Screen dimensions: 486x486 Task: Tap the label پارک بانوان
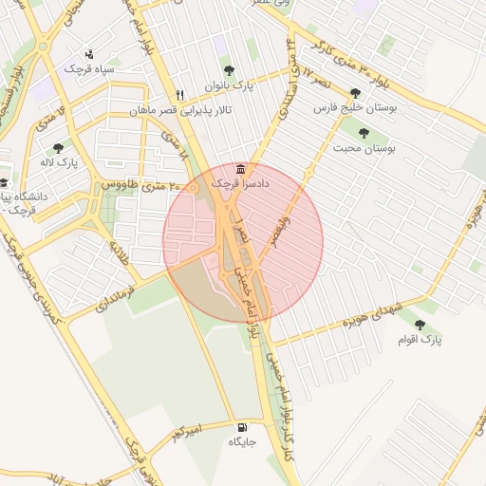[x=231, y=85]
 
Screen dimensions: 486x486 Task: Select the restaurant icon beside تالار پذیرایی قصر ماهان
[x=179, y=95]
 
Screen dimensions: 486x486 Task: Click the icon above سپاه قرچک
[x=89, y=53]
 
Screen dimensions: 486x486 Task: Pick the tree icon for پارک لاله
[x=59, y=147]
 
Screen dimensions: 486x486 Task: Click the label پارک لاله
[x=59, y=163]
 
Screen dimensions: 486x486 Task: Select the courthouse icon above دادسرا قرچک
[x=236, y=168]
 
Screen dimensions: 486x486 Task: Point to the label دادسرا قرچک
[x=240, y=182]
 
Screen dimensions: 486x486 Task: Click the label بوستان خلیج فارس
[x=356, y=109]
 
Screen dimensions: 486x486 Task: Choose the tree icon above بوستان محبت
[x=364, y=133]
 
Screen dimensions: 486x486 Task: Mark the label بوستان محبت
[x=365, y=149]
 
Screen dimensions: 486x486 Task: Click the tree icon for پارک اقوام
[x=421, y=324]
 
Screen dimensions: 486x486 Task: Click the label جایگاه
[x=242, y=442]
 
